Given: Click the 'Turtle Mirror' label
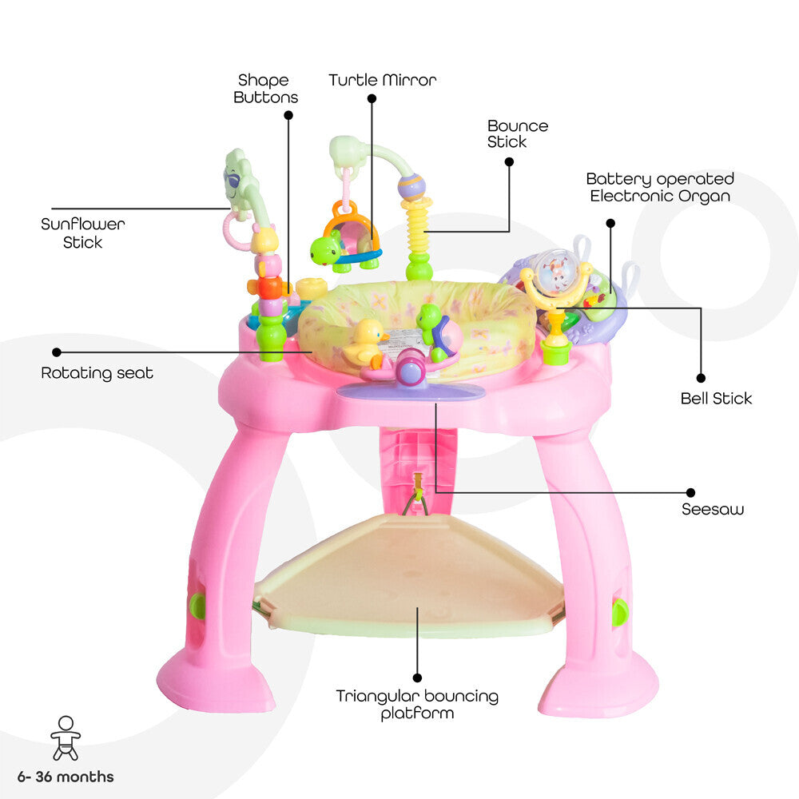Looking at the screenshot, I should pos(383,80).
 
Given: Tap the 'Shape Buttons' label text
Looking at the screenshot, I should pos(265,89).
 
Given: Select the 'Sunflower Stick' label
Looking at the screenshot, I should pos(83,233).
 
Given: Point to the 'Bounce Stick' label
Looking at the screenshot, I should pos(518,133).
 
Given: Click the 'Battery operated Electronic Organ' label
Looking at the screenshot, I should pos(660,187).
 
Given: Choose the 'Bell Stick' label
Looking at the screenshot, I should pos(716,398).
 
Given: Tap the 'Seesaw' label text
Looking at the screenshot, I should pos(712,509).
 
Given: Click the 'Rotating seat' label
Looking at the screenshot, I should pos(97,373).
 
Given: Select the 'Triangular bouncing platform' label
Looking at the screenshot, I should pos(417,704).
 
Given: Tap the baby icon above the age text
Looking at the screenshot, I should pos(66,737).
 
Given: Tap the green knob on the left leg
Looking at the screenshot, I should pos(197,606).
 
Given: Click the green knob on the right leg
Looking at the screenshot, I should pos(619,613).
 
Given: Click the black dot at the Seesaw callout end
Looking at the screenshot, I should pos(690,492).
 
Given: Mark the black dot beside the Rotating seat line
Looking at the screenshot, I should pos(57,352).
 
